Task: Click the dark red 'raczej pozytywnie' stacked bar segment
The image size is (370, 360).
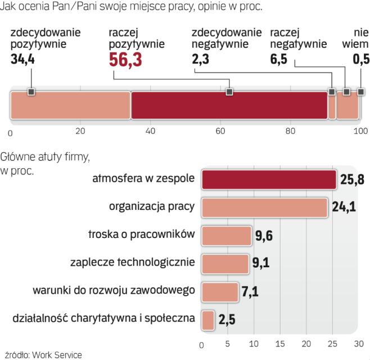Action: coord(229,105)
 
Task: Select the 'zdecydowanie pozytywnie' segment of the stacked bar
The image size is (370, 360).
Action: coord(70,105)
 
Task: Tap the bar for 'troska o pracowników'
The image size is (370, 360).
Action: coord(227,235)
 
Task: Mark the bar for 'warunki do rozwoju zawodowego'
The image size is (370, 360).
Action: coord(220,291)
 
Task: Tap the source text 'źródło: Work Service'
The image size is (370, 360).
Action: coord(43,354)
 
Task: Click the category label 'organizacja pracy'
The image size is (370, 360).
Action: coord(152,206)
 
